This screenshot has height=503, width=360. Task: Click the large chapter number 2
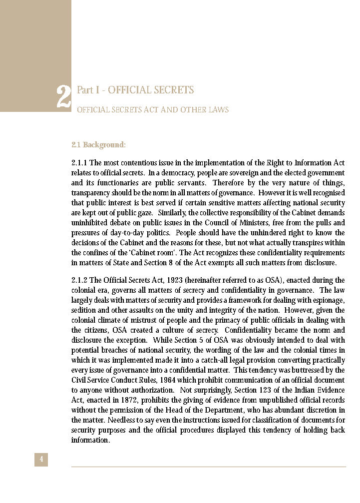click(63, 97)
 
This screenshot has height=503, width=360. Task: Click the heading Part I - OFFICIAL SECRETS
click(135, 90)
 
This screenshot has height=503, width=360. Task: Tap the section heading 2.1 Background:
click(98, 145)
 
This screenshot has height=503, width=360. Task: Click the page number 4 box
click(41, 459)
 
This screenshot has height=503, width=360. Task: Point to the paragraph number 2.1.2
click(80, 280)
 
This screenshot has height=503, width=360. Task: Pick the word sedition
click(83, 310)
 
